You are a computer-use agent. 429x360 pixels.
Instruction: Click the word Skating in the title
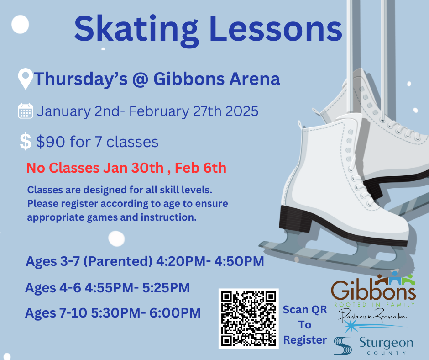(x=136, y=30)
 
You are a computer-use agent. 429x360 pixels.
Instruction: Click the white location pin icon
(x=26, y=79)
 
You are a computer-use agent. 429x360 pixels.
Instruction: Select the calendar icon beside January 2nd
(x=26, y=111)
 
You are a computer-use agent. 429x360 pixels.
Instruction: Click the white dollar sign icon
(x=26, y=141)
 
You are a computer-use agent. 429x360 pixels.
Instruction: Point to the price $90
(x=51, y=142)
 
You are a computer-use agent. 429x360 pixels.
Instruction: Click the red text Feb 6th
(x=200, y=168)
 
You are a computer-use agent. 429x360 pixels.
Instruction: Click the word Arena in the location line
(x=255, y=79)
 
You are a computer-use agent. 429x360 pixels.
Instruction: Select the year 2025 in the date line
(x=242, y=111)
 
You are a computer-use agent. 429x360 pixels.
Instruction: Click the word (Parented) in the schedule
(x=118, y=261)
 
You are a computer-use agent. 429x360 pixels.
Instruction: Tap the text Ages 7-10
(x=56, y=312)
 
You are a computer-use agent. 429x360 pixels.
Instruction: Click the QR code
(x=248, y=318)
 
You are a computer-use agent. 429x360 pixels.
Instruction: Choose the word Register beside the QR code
(x=305, y=340)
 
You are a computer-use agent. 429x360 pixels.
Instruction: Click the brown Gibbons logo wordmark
(x=373, y=290)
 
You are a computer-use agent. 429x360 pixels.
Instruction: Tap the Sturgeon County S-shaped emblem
(x=343, y=345)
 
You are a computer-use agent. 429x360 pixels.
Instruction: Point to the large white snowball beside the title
(x=20, y=24)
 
